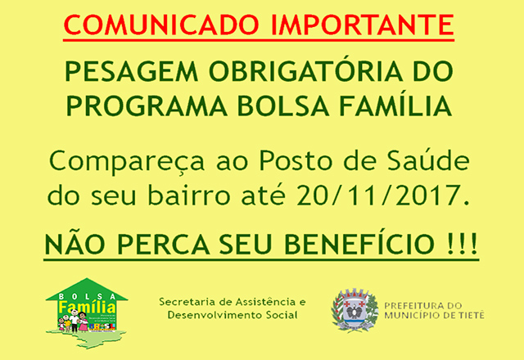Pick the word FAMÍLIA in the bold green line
click(393, 106)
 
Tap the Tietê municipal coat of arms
click(354, 308)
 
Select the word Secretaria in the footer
click(186, 301)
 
